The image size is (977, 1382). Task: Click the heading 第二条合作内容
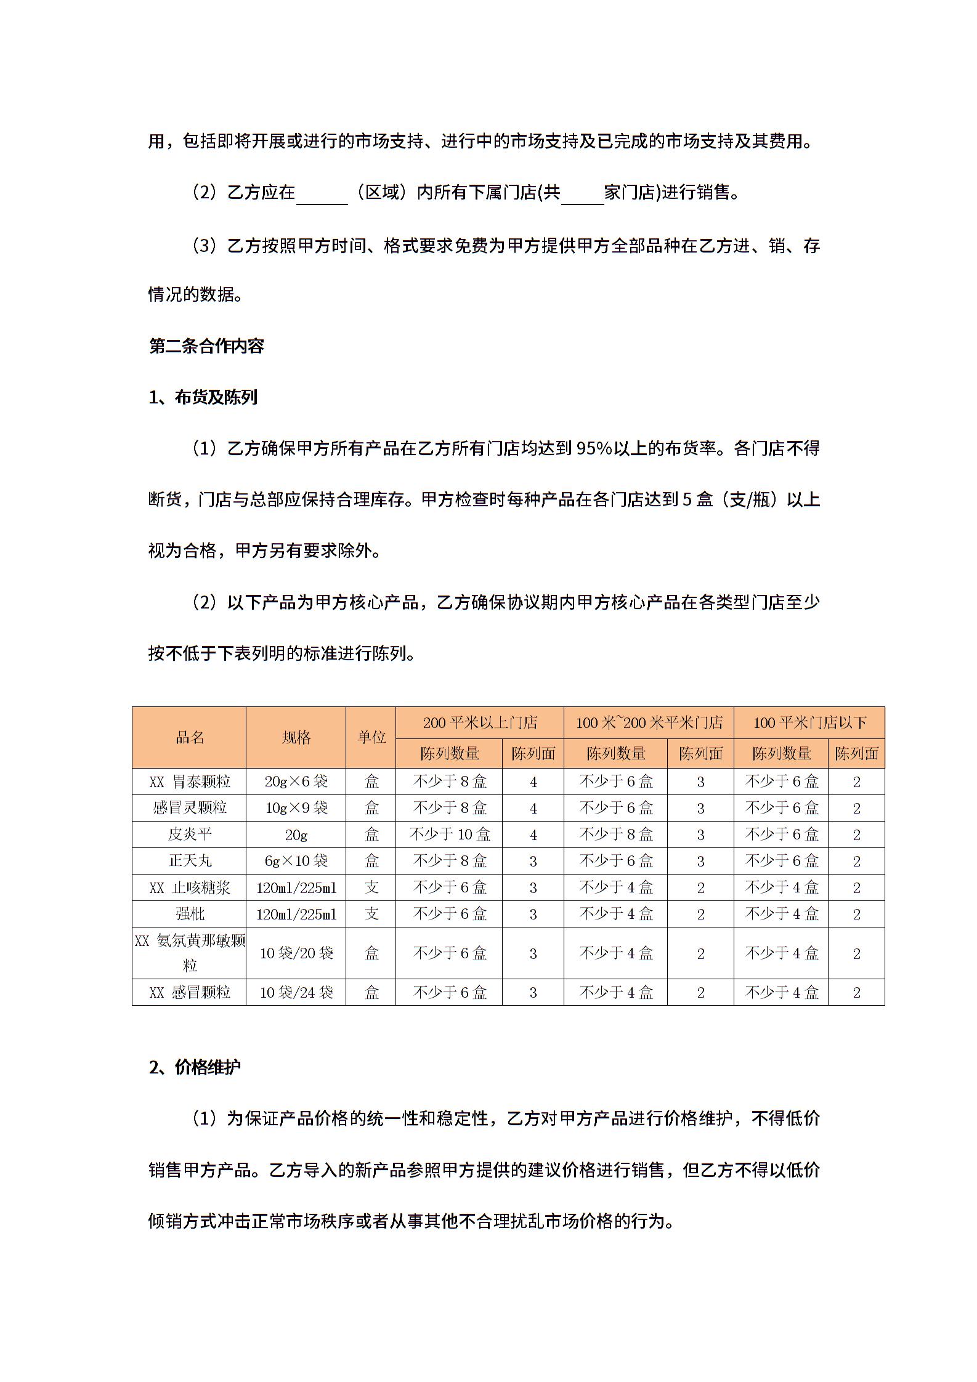tap(206, 346)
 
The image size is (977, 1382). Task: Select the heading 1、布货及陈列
tap(203, 397)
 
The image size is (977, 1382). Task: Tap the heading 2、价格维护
tap(195, 1067)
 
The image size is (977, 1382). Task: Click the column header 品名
tap(189, 737)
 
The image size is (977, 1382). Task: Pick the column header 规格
tap(296, 737)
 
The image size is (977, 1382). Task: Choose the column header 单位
tap(371, 737)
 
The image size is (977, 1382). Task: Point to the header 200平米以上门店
tap(479, 722)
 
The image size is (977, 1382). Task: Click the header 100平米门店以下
tap(809, 722)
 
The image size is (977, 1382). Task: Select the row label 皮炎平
tap(189, 834)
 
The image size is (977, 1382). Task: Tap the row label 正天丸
tap(189, 861)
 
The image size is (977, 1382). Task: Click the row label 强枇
tap(189, 914)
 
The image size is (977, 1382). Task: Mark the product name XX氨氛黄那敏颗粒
tap(189, 953)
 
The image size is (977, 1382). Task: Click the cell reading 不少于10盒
tap(449, 834)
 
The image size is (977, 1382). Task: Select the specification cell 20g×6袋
tap(296, 782)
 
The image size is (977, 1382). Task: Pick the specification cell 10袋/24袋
tap(296, 992)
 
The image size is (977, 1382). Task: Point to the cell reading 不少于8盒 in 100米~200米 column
tap(615, 834)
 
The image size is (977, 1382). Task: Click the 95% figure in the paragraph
tap(593, 448)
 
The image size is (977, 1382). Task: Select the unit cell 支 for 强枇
tap(371, 914)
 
